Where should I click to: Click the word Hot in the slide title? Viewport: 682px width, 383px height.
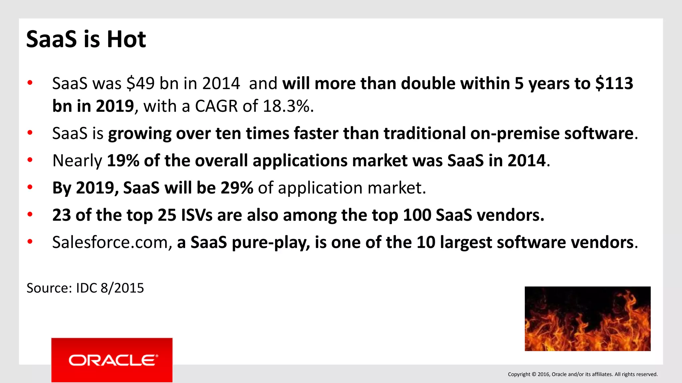126,39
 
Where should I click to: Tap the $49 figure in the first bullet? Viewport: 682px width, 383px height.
140,83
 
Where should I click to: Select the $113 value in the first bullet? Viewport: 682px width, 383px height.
614,83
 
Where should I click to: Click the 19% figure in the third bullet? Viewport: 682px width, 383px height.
123,161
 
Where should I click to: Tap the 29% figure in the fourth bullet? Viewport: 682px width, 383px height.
237,188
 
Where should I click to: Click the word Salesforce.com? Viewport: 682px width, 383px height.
110,242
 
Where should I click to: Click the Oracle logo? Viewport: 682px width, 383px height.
112,360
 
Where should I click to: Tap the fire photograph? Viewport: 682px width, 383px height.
587,319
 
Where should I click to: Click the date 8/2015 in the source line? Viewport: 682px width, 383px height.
122,288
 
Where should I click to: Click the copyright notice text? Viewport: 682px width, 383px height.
582,374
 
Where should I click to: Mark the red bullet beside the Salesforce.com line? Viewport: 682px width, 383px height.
30,242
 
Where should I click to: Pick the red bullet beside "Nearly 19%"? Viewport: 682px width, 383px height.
30,160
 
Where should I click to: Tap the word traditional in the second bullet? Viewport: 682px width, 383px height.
424,134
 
